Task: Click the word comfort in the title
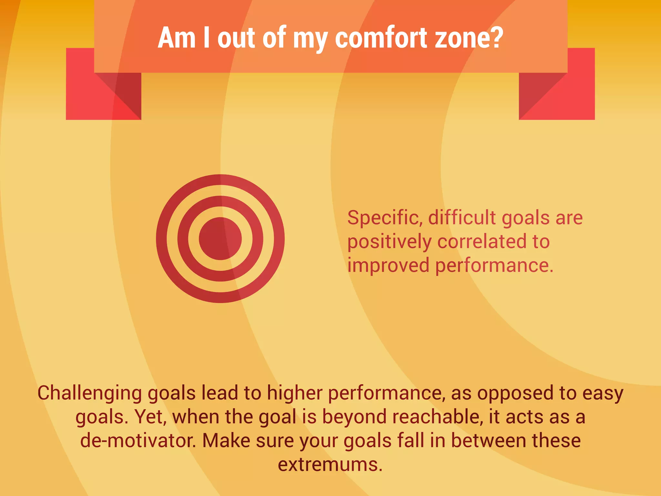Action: pyautogui.click(x=381, y=38)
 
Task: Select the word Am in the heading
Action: pyautogui.click(x=177, y=38)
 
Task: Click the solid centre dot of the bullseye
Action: pyautogui.click(x=220, y=239)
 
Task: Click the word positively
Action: pyautogui.click(x=389, y=242)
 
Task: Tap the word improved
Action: pyautogui.click(x=388, y=266)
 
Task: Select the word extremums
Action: pyautogui.click(x=330, y=465)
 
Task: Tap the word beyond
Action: pyautogui.click(x=354, y=417)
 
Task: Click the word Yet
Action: pyautogui.click(x=150, y=417)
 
